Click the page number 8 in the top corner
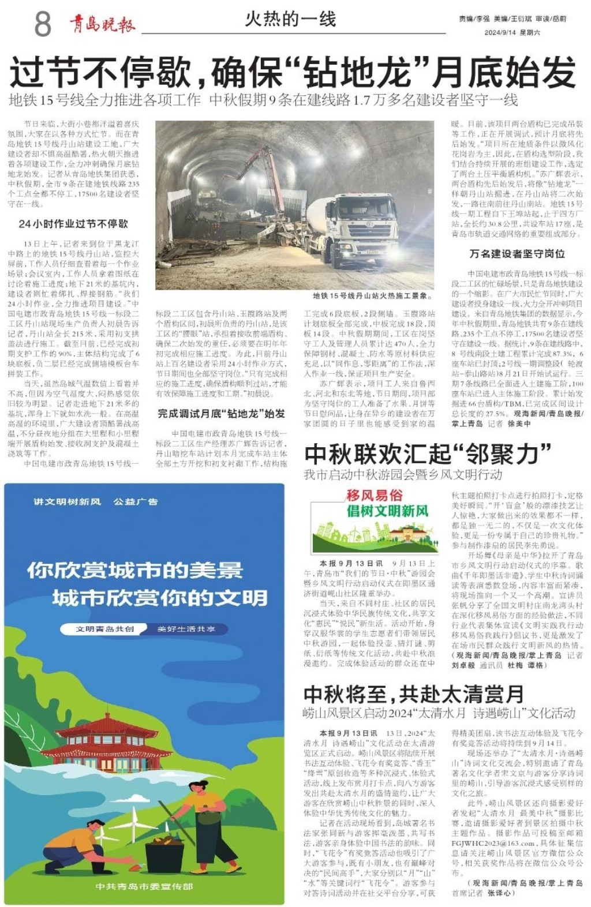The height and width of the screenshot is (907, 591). [x=43, y=25]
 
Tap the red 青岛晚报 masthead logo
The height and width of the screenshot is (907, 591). [x=103, y=24]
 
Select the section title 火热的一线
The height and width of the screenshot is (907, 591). [x=290, y=20]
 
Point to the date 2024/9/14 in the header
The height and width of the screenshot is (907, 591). [x=500, y=33]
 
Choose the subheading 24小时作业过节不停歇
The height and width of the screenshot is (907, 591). [x=73, y=224]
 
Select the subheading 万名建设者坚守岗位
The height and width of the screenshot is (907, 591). [x=517, y=254]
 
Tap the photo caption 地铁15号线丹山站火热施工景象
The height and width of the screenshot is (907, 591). [x=373, y=296]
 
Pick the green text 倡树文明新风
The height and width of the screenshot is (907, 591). [x=387, y=511]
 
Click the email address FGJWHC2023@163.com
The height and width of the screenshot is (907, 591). [x=491, y=843]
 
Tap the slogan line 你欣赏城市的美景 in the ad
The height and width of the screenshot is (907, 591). [x=135, y=571]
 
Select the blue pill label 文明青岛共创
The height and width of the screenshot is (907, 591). [x=104, y=629]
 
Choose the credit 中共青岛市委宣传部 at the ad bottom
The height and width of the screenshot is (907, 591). [x=144, y=886]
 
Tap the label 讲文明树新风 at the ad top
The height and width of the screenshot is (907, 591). [x=67, y=501]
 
